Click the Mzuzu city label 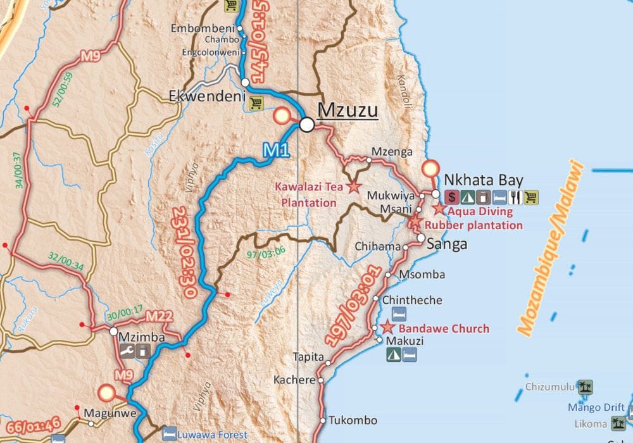coord(348,110)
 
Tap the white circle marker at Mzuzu coord(307,124)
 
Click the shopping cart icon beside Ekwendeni coord(255,103)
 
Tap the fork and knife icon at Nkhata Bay coord(515,197)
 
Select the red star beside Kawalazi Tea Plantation coord(353,187)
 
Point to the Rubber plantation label coord(474,225)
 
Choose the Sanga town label coord(447,244)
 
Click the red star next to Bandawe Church coord(387,328)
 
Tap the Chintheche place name coord(411,300)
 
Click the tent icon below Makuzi coord(393,356)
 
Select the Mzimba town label coord(142,337)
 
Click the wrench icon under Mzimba coord(128,352)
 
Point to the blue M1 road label coord(275,151)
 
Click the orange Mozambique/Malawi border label coord(548,247)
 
